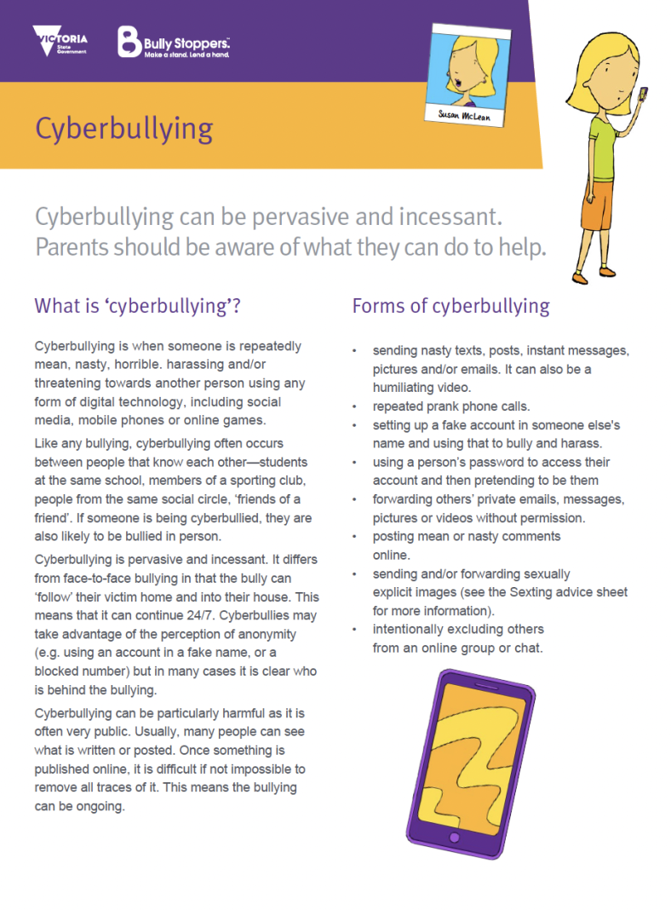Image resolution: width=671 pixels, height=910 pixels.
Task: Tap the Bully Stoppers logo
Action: tap(174, 42)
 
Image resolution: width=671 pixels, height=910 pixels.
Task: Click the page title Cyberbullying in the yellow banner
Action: tap(123, 129)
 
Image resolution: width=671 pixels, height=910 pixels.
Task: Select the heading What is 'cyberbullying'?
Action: tap(137, 305)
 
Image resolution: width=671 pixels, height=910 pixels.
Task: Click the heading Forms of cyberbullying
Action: tap(450, 305)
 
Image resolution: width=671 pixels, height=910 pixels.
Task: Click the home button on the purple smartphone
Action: tap(454, 838)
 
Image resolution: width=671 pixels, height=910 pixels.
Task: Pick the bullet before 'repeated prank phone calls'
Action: tap(354, 406)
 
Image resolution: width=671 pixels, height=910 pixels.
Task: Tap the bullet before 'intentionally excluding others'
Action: tap(354, 630)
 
